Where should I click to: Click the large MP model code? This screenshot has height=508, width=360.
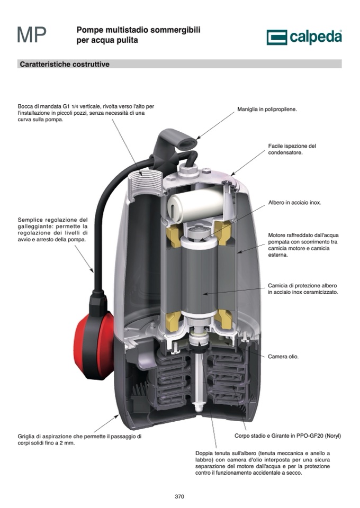[x=31, y=35]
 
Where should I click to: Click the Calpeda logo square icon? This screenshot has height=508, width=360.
[x=277, y=37]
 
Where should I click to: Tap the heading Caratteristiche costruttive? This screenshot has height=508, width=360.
[x=65, y=64]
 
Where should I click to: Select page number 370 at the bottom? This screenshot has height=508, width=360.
[x=179, y=496]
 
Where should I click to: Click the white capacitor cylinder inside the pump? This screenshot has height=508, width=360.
[x=196, y=205]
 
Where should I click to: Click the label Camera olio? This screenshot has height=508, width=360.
[x=283, y=357]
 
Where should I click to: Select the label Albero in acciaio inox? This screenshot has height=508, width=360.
[x=294, y=203]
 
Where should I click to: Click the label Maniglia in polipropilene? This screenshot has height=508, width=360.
[x=267, y=110]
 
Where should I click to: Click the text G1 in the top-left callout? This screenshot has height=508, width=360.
[x=66, y=106]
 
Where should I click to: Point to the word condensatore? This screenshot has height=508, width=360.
[x=285, y=152]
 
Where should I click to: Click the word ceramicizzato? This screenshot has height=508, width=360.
[x=320, y=292]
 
